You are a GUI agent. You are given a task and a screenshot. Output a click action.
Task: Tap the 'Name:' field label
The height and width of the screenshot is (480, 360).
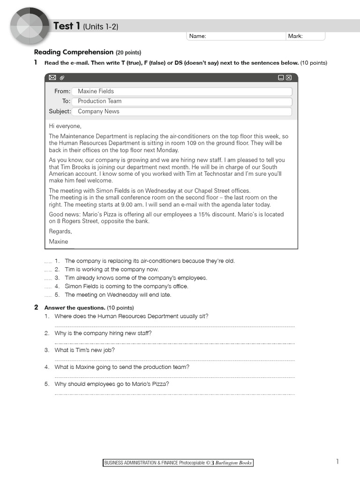pyautogui.click(x=197, y=36)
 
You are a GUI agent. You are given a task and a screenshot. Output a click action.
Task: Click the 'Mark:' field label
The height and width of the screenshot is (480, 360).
pyautogui.click(x=295, y=36)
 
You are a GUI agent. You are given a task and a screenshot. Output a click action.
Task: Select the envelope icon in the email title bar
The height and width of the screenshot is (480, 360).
pyautogui.click(x=52, y=77)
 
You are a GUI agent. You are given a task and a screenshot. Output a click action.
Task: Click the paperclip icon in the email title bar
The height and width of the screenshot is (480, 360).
pyautogui.click(x=62, y=77)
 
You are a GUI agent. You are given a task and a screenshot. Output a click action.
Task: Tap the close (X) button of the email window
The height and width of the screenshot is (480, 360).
pyautogui.click(x=289, y=77)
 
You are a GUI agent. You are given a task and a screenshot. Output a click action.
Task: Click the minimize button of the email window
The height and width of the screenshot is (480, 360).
pyautogui.click(x=281, y=77)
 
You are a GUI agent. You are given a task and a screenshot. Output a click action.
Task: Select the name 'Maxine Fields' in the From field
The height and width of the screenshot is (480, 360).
pyautogui.click(x=96, y=91)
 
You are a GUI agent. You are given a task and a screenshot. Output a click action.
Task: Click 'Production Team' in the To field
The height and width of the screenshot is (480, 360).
pyautogui.click(x=99, y=101)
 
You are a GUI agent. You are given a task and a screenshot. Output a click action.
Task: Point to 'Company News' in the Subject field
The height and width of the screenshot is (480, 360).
pyautogui.click(x=98, y=112)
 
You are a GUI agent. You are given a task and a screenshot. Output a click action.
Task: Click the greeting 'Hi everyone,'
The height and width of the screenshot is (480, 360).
pyautogui.click(x=65, y=126)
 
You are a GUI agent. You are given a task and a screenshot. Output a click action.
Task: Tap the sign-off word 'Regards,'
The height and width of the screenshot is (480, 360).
pyautogui.click(x=60, y=232)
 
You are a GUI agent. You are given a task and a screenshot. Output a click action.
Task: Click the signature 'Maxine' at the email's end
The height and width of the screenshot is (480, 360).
pyautogui.click(x=59, y=242)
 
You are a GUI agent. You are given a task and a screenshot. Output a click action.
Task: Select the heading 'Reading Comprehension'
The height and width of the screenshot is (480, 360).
pyautogui.click(x=74, y=52)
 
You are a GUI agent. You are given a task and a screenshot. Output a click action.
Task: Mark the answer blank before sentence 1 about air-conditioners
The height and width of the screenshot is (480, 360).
pyautogui.click(x=48, y=261)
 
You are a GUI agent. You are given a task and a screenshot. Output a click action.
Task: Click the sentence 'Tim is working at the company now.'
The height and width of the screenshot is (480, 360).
pyautogui.click(x=112, y=270)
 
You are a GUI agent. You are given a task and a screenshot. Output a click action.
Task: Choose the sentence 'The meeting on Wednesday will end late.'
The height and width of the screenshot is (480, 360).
pyautogui.click(x=118, y=295)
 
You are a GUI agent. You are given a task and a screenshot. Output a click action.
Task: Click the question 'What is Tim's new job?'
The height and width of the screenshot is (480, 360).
pyautogui.click(x=85, y=350)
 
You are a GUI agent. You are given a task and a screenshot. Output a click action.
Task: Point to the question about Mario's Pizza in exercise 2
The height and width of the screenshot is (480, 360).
pyautogui.click(x=112, y=384)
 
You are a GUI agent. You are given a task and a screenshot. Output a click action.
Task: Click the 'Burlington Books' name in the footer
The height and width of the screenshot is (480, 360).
pyautogui.click(x=233, y=463)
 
